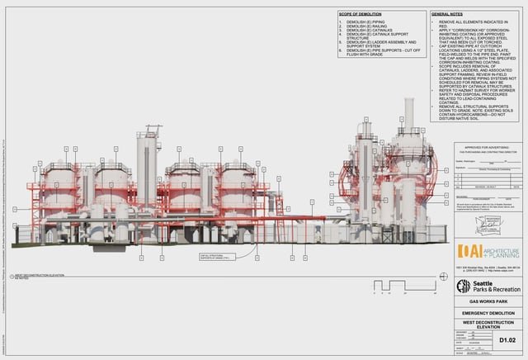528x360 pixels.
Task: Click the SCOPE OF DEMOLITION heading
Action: click(x=362, y=15)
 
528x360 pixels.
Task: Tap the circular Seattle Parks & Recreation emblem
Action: click(x=464, y=287)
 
